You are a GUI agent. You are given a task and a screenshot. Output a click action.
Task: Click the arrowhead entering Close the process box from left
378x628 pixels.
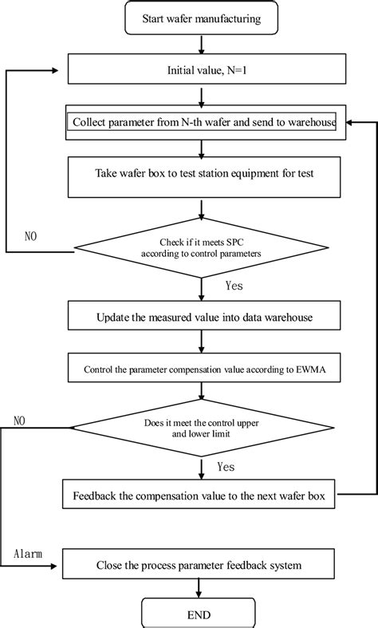tap(59, 567)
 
